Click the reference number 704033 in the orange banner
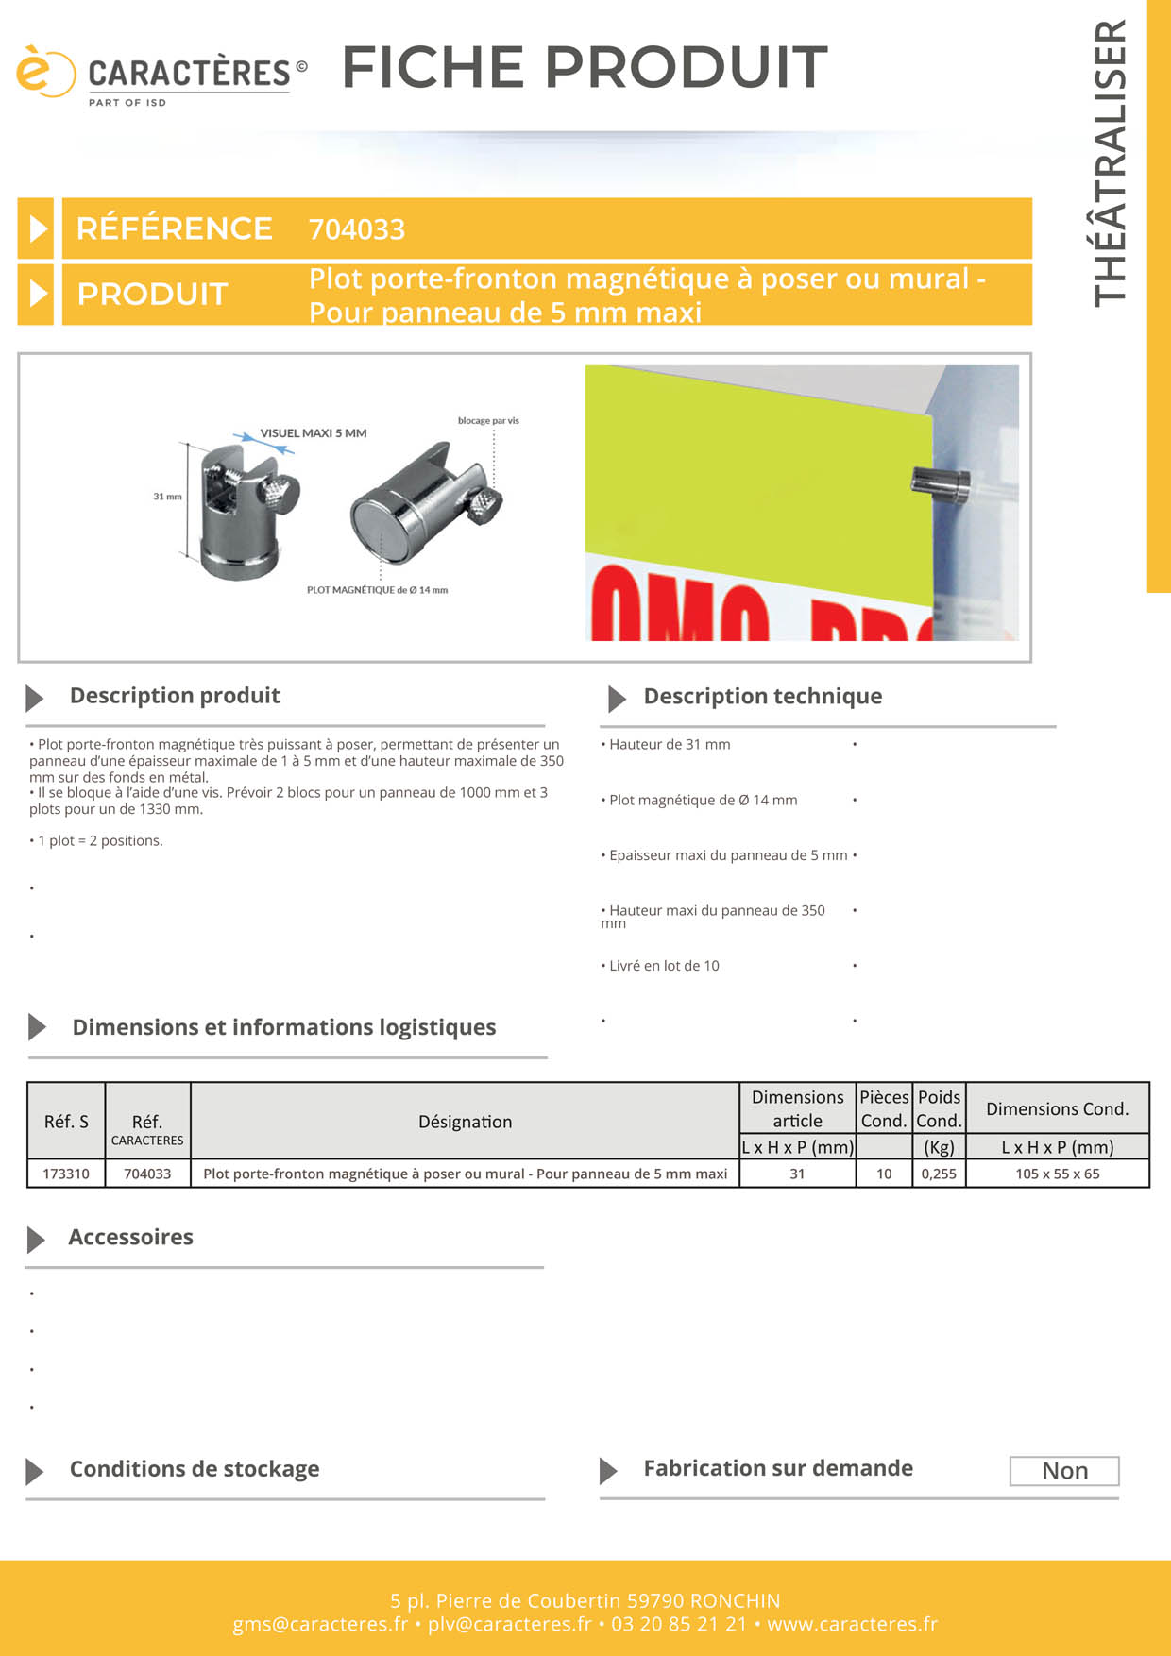(357, 229)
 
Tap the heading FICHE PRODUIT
(585, 67)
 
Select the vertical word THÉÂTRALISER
(1111, 163)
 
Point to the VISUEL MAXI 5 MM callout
(314, 433)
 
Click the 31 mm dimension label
(167, 497)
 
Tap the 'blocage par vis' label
(488, 421)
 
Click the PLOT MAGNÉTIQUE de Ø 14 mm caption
(377, 590)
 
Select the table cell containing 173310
(66, 1174)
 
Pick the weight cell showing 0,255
(939, 1174)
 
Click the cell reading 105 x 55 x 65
(1057, 1174)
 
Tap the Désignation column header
(465, 1122)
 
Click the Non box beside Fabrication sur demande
(1064, 1471)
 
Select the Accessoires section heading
(130, 1238)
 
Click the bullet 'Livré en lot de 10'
(664, 966)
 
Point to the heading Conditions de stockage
(195, 1469)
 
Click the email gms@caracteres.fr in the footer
(320, 1624)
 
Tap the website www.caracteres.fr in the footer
(852, 1624)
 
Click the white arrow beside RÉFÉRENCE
(37, 228)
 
